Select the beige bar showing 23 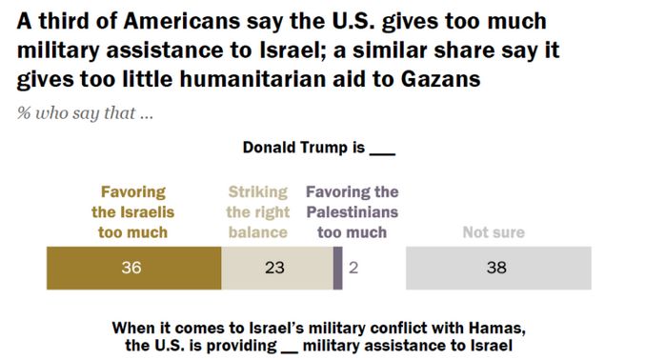pos(276,268)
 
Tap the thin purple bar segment pos(337,268)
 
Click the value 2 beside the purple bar pos(353,268)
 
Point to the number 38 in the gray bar pos(496,268)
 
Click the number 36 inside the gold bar pos(131,268)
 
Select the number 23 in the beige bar pos(274,268)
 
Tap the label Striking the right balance pos(258,211)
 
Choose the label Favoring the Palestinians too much pos(352,211)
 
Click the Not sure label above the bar pos(493,231)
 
